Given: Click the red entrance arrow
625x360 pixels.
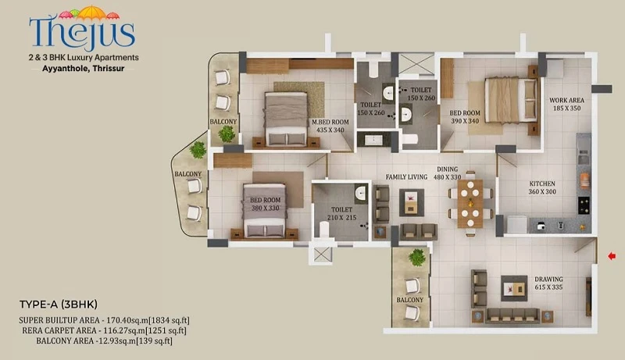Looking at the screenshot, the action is click(x=612, y=256).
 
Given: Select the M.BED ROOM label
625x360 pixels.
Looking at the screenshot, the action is click(x=330, y=122).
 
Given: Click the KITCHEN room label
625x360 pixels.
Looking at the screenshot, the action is click(x=542, y=184).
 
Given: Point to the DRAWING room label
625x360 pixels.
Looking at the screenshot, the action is click(x=549, y=279).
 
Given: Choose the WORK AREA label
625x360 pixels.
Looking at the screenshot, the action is click(x=566, y=101).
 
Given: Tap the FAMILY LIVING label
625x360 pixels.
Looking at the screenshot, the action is click(x=406, y=176).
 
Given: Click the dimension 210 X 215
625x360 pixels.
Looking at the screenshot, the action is click(x=341, y=217).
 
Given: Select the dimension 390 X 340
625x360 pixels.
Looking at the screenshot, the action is click(x=465, y=121).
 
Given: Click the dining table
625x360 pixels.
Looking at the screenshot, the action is click(x=470, y=204).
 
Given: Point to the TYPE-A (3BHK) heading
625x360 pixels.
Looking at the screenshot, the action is click(x=59, y=305).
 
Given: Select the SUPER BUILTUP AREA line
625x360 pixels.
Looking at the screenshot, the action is click(x=104, y=320).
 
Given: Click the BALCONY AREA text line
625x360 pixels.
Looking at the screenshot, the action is click(x=104, y=341).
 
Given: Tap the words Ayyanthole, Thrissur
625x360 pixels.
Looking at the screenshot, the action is click(x=84, y=69).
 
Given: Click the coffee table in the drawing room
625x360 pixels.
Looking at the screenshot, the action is click(x=514, y=288).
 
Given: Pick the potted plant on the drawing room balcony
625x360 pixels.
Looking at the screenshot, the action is click(x=417, y=257).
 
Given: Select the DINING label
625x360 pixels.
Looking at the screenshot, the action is click(x=447, y=169).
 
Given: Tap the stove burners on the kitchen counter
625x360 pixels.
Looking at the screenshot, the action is click(x=584, y=205).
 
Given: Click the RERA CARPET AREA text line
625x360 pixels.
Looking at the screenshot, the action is click(x=104, y=330).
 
